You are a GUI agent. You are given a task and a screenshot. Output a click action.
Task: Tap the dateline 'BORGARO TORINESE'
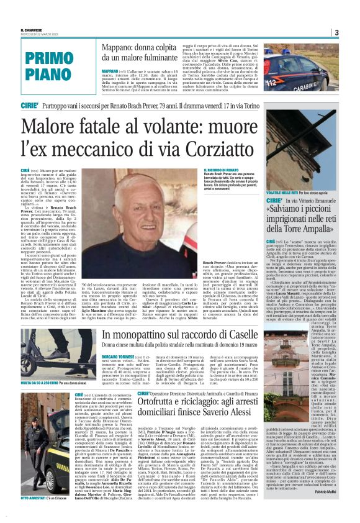119,357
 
